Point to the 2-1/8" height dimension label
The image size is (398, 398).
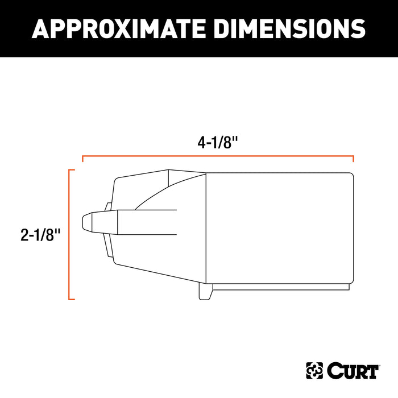40,235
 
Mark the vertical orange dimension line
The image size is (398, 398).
69,234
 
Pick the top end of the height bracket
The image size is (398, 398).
72,170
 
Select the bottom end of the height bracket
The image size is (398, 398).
72,299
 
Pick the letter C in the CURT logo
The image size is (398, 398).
333,371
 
